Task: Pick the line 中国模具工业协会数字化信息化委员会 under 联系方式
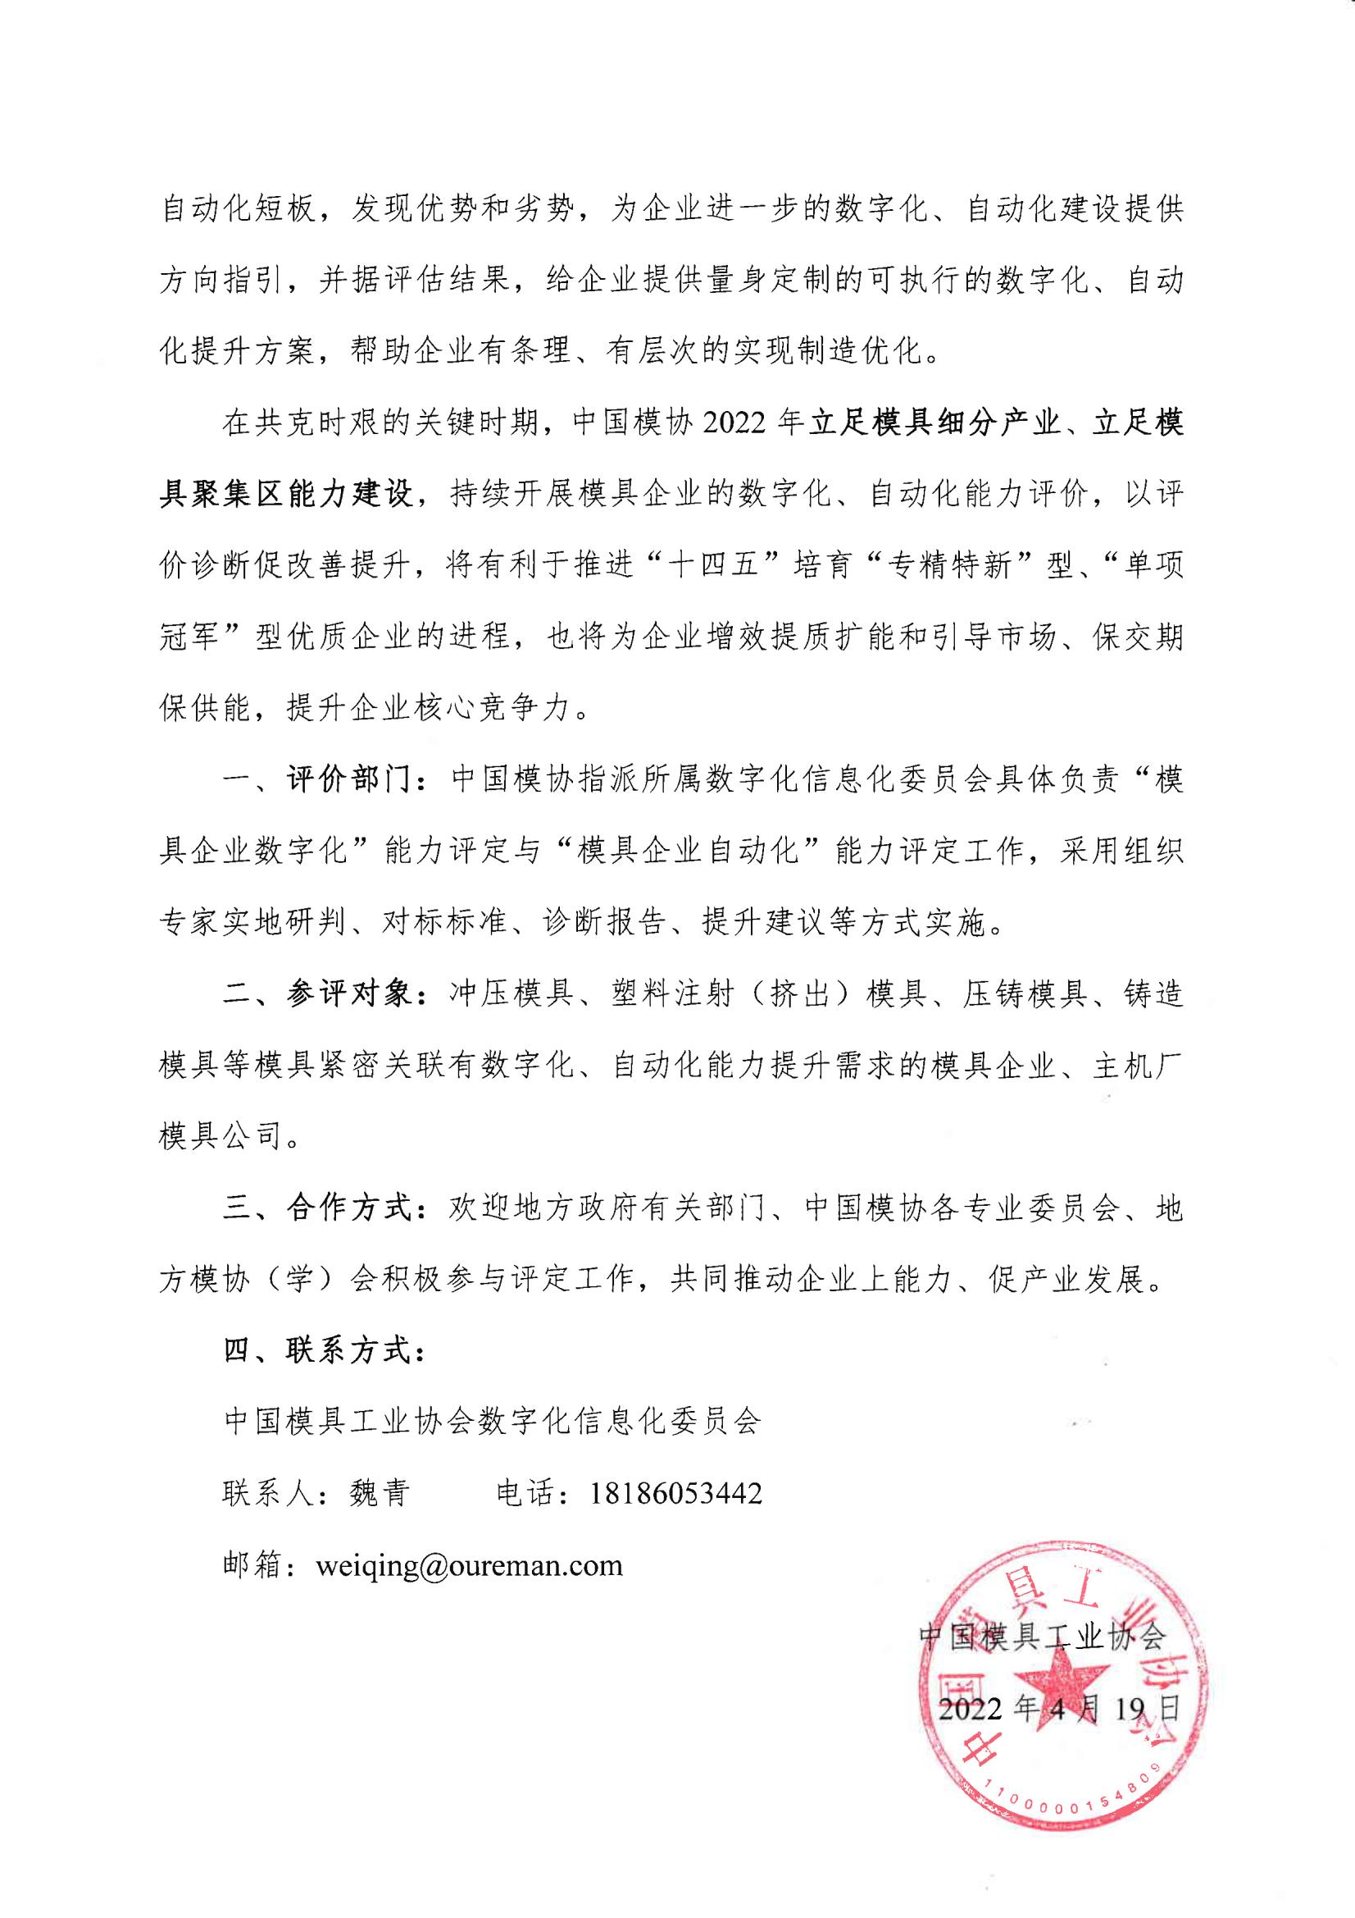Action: pyautogui.click(x=493, y=1422)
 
